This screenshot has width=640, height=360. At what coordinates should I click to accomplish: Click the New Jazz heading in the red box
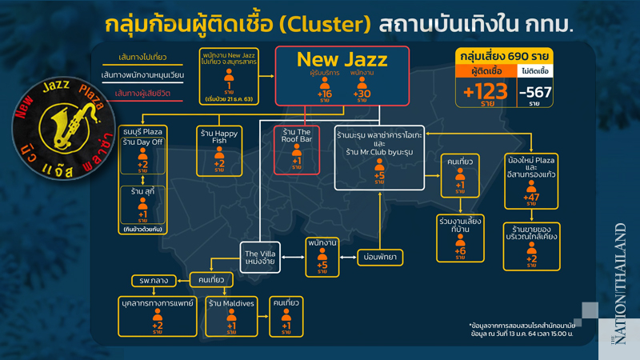tap(342, 58)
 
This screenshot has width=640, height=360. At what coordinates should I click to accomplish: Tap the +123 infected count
tap(486, 90)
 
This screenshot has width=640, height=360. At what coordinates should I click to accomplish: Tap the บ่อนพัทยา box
tap(381, 257)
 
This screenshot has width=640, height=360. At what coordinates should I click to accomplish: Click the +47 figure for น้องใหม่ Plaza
tap(531, 197)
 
